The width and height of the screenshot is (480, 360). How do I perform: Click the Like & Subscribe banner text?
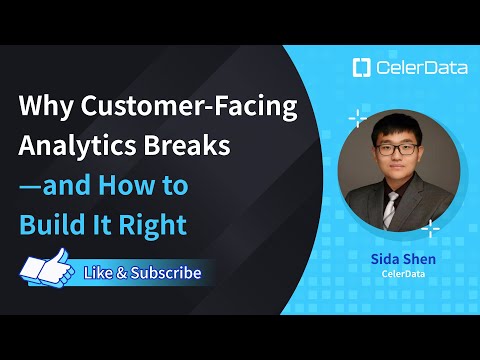[x=142, y=272]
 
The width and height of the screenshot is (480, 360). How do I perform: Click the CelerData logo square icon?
[x=361, y=69]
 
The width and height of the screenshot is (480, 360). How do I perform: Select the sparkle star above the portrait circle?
[x=357, y=120]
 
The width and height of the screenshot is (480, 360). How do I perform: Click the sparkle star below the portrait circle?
[x=430, y=229]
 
